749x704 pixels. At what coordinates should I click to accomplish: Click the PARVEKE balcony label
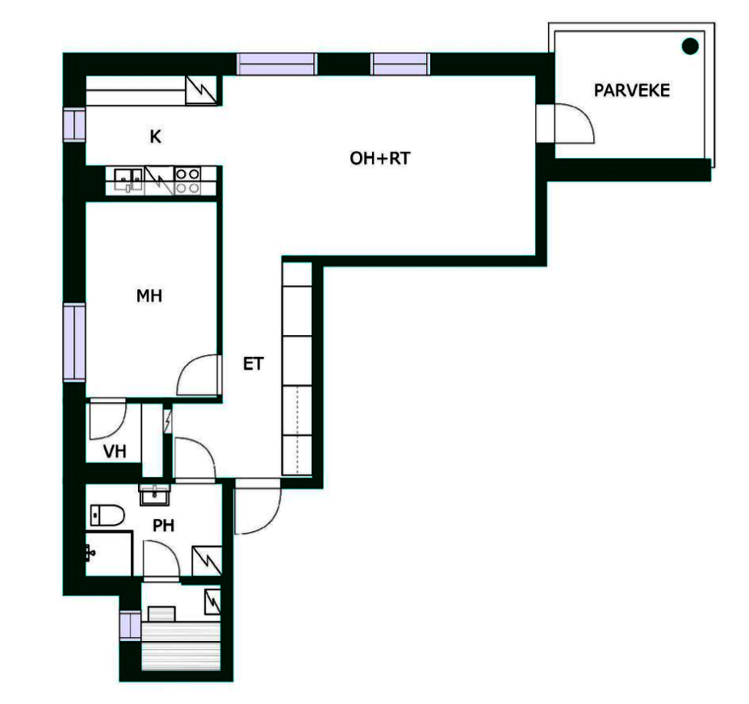click(x=631, y=90)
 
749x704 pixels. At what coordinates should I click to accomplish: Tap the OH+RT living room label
click(x=380, y=158)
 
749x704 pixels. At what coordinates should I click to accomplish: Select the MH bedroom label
click(x=149, y=295)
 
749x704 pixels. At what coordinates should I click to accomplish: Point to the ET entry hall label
click(x=253, y=364)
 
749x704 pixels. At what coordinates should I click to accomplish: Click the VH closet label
click(x=115, y=451)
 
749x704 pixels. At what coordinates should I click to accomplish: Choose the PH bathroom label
click(x=163, y=526)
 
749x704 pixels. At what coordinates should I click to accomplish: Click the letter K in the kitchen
click(x=155, y=137)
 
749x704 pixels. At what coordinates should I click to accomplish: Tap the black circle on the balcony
click(x=690, y=46)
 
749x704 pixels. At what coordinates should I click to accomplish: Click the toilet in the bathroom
click(x=107, y=515)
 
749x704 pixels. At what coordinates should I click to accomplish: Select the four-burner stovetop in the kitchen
click(x=188, y=181)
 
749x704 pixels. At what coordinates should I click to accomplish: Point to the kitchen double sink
click(x=128, y=179)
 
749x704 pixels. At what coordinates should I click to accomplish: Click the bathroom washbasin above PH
click(x=154, y=495)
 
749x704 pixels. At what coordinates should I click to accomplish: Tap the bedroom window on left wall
click(x=74, y=342)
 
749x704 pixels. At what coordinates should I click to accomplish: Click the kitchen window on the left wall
click(x=74, y=125)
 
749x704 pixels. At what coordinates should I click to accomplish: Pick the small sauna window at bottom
click(x=130, y=626)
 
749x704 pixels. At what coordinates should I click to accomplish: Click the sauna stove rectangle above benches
click(x=161, y=614)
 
